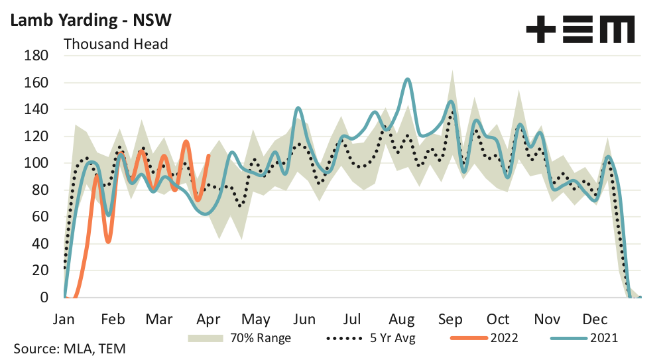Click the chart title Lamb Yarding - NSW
tap(90, 20)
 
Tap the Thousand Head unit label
tap(115, 44)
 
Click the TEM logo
tap(579, 30)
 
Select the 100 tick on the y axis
tap(37, 163)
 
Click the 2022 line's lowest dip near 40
tap(108, 242)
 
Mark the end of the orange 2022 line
tap(209, 156)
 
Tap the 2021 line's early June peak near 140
tap(298, 107)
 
